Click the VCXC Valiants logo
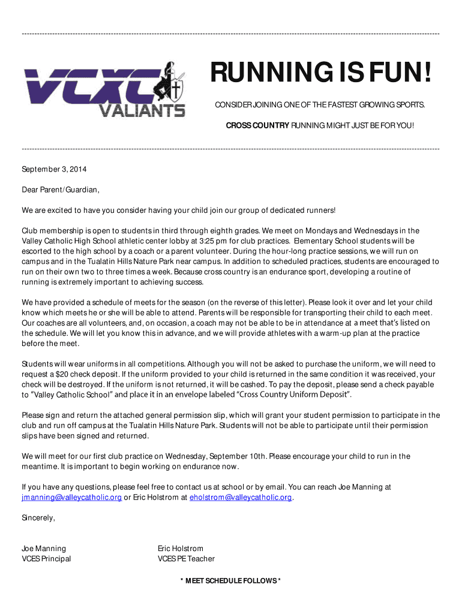click(x=104, y=91)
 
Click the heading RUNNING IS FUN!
click(x=320, y=76)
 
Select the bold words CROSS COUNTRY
click(x=257, y=126)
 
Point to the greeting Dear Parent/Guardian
click(x=60, y=190)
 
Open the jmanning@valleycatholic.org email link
click(x=71, y=498)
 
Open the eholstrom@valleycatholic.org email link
click(x=241, y=498)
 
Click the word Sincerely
click(x=38, y=517)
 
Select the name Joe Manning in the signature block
click(x=44, y=549)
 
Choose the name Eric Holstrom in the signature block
click(x=180, y=549)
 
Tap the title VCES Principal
click(x=46, y=559)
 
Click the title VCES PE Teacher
click(x=186, y=559)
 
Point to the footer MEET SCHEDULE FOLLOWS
click(x=230, y=580)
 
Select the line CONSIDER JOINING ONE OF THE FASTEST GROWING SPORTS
click(x=320, y=106)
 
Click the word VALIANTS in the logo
click(x=142, y=110)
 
